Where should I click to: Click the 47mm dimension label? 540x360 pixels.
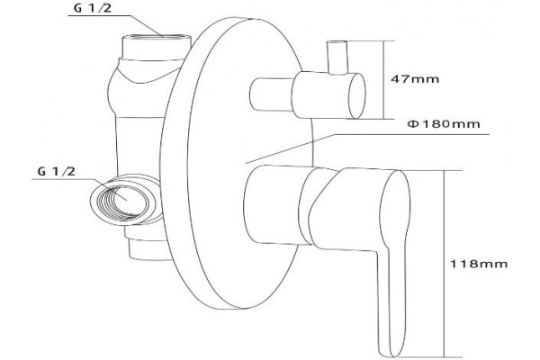pyautogui.click(x=415, y=79)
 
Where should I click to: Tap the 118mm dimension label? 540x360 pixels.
pyautogui.click(x=479, y=264)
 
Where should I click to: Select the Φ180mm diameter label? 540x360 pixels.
pyautogui.click(x=444, y=123)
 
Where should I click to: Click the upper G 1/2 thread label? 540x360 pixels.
pyautogui.click(x=93, y=8)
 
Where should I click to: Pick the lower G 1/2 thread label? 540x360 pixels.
pyautogui.click(x=56, y=171)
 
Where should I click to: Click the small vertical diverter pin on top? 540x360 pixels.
pyautogui.click(x=337, y=58)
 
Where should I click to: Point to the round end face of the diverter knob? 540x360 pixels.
pyautogui.click(x=357, y=95)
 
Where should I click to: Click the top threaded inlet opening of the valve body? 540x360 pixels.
pyautogui.click(x=157, y=38)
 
